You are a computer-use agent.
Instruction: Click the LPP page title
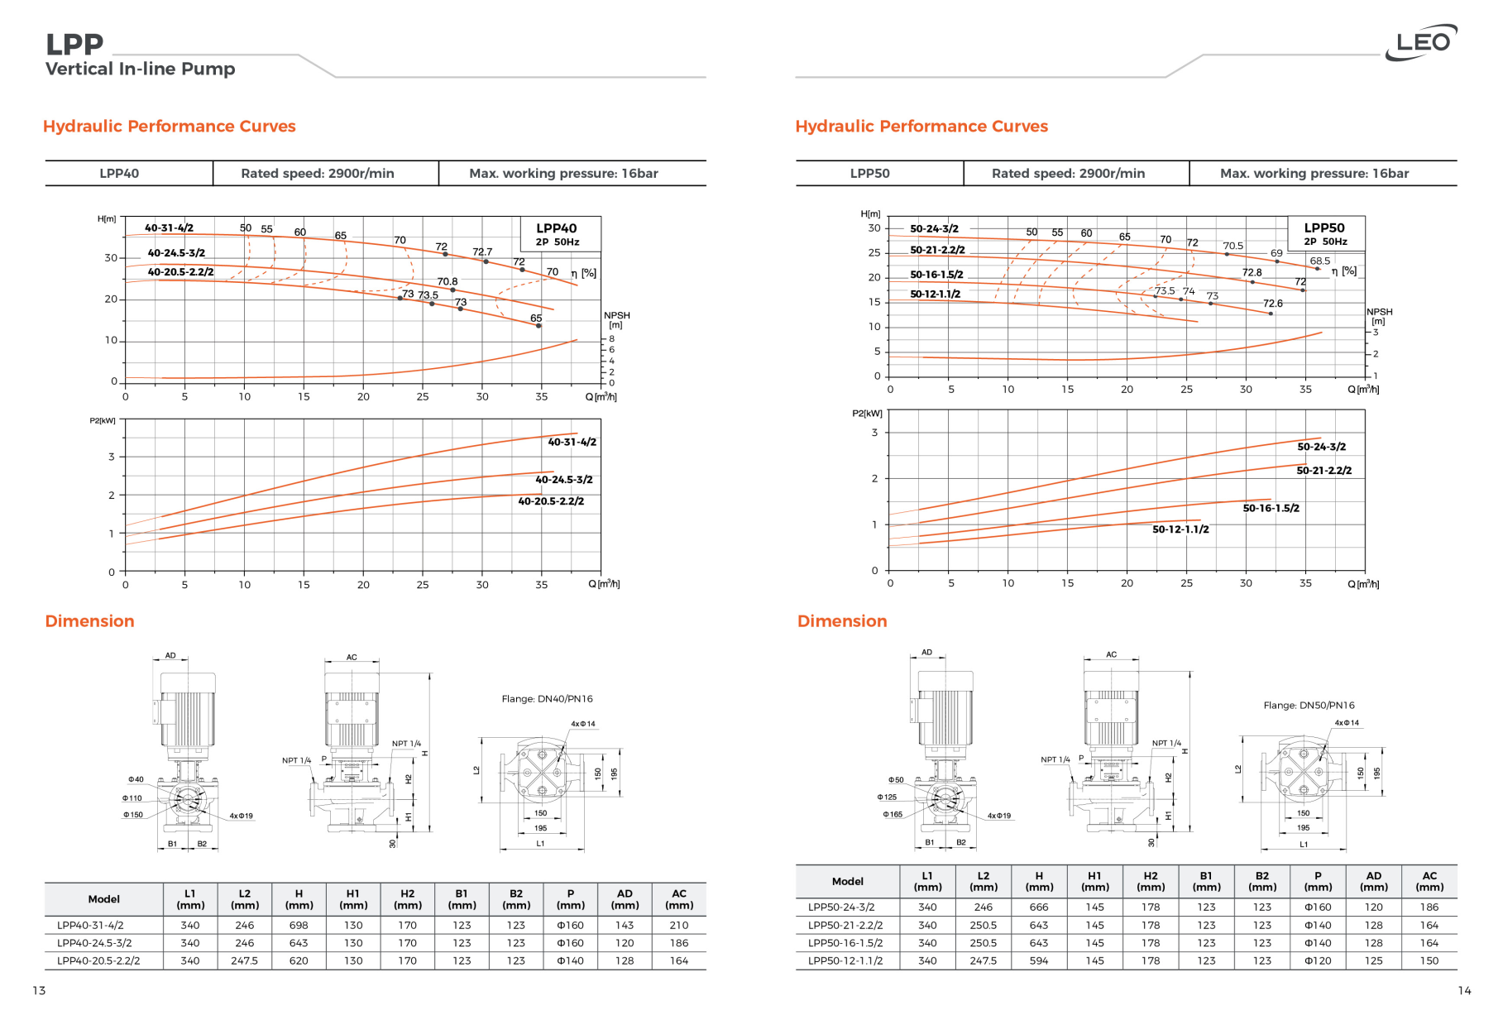74,45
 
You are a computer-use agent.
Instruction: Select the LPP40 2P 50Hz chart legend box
558,234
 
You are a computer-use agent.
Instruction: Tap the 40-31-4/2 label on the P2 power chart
572,443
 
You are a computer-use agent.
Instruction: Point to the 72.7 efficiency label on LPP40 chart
482,251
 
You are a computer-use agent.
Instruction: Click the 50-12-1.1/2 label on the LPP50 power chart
1180,529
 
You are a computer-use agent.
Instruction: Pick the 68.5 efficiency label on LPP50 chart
1320,261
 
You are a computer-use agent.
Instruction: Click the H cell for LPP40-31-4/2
299,926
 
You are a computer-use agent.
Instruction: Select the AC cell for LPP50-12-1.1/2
1429,961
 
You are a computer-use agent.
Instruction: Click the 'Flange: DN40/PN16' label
547,699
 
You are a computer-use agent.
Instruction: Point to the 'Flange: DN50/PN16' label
1309,706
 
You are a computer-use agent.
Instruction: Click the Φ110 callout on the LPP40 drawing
132,798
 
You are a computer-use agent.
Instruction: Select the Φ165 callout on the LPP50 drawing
893,815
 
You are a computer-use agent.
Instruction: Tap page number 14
1464,991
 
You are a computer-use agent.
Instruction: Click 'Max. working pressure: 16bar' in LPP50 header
1314,174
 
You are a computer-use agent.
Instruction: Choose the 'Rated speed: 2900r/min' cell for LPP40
318,174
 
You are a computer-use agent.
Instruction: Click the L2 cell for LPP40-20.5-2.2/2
245,961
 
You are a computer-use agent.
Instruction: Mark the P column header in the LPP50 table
1318,881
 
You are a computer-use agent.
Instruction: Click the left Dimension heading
89,621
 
